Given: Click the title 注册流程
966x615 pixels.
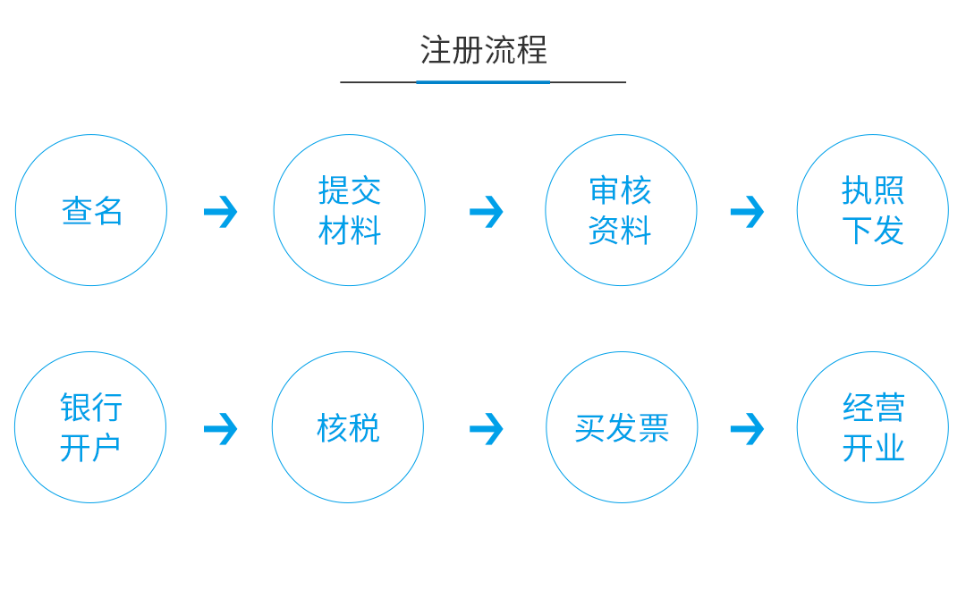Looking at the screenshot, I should tap(483, 50).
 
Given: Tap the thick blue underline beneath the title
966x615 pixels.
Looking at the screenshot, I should tap(483, 82).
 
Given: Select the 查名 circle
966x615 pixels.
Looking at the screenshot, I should tap(91, 210).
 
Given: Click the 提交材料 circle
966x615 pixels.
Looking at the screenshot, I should tap(349, 210).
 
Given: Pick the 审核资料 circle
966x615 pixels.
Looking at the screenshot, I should tap(621, 210).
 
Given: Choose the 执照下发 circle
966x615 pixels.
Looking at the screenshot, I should tap(872, 210).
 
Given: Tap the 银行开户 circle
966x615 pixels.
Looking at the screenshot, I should tap(90, 427).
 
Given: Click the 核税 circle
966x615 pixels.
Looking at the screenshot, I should tap(348, 427).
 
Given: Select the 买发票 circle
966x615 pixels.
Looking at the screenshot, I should tap(622, 427).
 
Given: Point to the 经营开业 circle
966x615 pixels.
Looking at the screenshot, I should tap(872, 427).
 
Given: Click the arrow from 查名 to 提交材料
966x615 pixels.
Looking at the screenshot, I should tap(220, 212).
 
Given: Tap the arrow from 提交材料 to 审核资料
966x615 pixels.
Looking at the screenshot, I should tap(486, 212).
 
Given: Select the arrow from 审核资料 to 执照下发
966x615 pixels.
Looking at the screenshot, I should tap(747, 212).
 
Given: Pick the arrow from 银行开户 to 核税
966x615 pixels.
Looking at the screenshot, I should tap(220, 428).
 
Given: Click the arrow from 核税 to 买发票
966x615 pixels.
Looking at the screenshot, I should tap(486, 428).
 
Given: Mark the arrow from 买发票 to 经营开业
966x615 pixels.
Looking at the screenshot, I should tap(747, 428).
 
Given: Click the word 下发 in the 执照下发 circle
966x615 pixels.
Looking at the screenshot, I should tap(872, 230).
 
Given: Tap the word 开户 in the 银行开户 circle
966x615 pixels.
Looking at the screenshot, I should tap(90, 447).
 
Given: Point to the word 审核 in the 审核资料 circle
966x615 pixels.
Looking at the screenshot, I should tap(621, 190).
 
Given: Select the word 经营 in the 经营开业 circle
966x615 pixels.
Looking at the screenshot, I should tap(873, 408).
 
